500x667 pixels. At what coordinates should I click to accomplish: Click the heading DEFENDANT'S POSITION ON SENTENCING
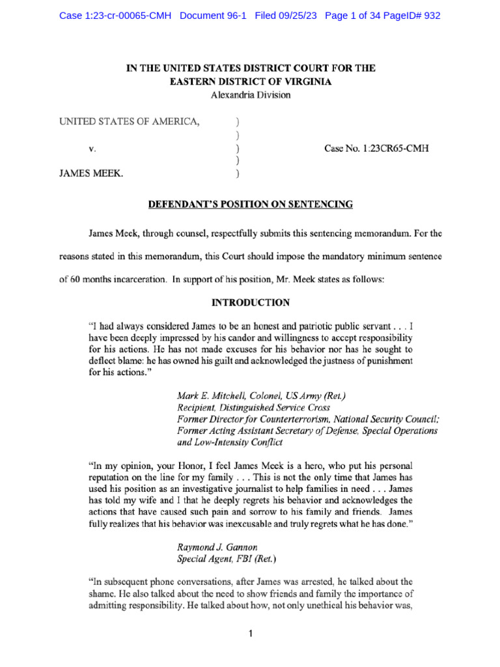point(251,205)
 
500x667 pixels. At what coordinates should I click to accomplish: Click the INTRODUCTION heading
point(251,303)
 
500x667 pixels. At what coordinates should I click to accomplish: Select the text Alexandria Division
point(251,94)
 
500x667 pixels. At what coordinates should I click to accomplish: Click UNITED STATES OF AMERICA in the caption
point(130,121)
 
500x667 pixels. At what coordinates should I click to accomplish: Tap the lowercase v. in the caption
point(92,149)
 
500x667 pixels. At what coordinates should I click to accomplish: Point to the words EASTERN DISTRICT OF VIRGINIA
point(251,81)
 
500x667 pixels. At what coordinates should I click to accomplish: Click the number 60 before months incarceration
point(78,279)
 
